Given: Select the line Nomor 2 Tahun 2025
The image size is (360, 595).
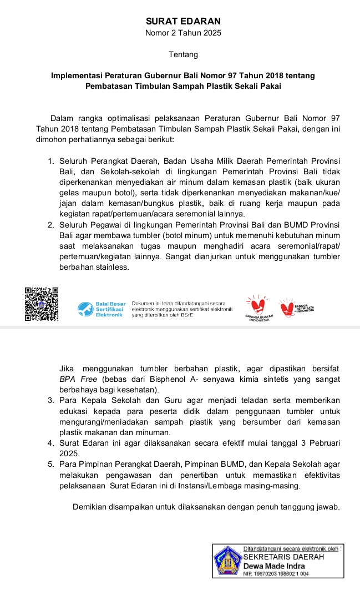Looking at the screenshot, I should [x=183, y=33].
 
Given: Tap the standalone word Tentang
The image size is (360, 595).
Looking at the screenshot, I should [x=183, y=54].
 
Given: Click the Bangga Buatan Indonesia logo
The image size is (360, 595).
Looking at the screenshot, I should [x=258, y=309].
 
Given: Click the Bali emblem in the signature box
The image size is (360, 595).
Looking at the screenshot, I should [x=227, y=560].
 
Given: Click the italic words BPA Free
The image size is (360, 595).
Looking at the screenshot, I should [x=78, y=379].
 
